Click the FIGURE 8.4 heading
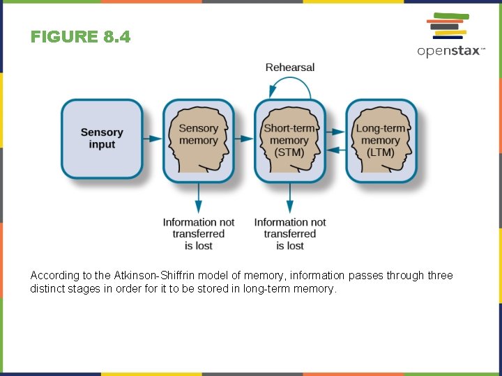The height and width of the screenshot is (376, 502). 80,36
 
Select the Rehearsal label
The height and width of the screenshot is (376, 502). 290,68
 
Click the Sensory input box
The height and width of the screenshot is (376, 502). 102,139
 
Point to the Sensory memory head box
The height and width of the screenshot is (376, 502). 199,141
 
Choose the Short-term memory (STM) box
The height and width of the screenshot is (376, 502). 289,141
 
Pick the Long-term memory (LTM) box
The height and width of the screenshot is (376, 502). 381,141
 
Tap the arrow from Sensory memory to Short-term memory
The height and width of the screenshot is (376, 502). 244,139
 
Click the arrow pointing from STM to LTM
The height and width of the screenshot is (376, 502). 335,131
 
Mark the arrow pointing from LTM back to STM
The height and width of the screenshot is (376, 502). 335,148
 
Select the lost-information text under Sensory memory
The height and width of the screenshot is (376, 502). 199,234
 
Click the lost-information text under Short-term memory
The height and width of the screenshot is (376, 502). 290,234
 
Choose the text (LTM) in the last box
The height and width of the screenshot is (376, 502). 381,152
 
